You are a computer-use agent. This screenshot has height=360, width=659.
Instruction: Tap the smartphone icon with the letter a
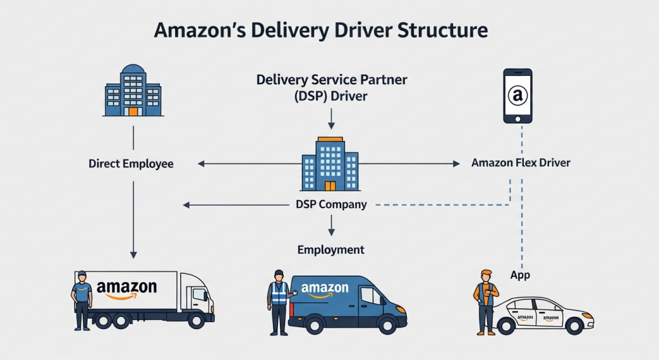pyautogui.click(x=517, y=96)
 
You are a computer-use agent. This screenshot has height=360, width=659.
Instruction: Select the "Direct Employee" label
pyautogui.click(x=131, y=164)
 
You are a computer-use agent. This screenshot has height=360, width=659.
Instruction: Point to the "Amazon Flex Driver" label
pyautogui.click(x=521, y=163)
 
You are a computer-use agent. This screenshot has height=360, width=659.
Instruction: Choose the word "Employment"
pyautogui.click(x=331, y=250)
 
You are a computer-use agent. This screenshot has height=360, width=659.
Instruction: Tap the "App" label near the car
pyautogui.click(x=520, y=274)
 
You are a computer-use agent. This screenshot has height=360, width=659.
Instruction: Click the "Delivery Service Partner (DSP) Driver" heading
pyautogui.click(x=331, y=88)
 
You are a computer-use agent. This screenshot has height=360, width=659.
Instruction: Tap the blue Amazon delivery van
pyautogui.click(x=344, y=302)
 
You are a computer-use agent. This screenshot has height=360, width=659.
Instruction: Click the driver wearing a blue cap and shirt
pyautogui.click(x=82, y=299)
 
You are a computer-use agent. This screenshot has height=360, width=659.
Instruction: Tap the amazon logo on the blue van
pyautogui.click(x=325, y=290)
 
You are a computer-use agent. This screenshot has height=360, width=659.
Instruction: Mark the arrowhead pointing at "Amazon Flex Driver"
pyautogui.click(x=458, y=164)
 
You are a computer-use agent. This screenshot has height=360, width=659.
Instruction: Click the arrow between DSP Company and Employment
pyautogui.click(x=331, y=225)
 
